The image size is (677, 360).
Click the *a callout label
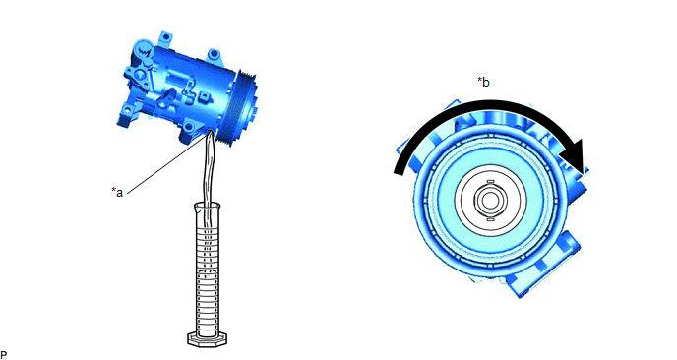click(x=117, y=192)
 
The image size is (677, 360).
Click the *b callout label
click(x=483, y=82)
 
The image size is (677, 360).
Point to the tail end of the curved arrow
click(x=400, y=169)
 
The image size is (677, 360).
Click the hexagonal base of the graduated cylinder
click(x=208, y=338)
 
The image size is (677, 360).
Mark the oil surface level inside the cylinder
click(x=208, y=270)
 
